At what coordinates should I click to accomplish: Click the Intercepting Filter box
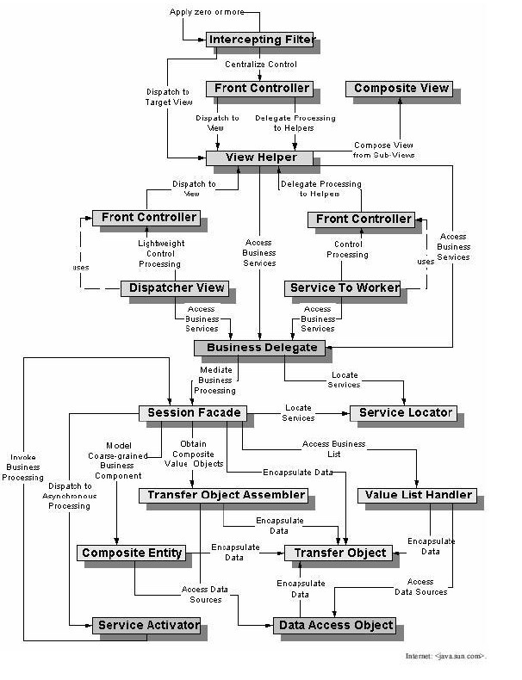[x=261, y=39]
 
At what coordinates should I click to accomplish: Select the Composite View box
[x=401, y=88]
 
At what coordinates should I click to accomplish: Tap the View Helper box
[x=261, y=158]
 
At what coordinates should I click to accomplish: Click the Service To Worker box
[x=344, y=288]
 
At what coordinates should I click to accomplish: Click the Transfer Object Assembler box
[x=225, y=495]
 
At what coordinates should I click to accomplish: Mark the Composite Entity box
[x=132, y=553]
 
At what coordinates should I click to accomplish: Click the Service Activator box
[x=148, y=625]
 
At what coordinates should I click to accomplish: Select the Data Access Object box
[x=336, y=625]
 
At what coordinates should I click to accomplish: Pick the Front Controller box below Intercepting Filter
[x=258, y=88]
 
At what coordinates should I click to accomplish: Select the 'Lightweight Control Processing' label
[x=159, y=254]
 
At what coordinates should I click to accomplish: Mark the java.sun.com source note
[x=446, y=656]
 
